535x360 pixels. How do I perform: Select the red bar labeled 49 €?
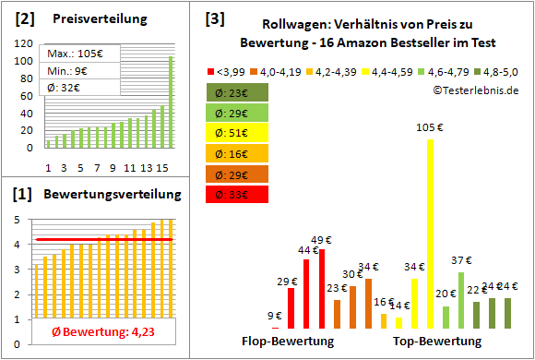click(321, 289)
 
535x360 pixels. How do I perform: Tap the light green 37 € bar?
click(460, 300)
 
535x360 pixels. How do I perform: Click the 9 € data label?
click(275, 316)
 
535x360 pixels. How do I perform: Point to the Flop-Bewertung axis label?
click(287, 342)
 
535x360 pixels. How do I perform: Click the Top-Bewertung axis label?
click(437, 342)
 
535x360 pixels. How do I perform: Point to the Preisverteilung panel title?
click(90, 18)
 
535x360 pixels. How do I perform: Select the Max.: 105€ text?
click(75, 54)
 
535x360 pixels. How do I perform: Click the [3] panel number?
click(214, 18)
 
